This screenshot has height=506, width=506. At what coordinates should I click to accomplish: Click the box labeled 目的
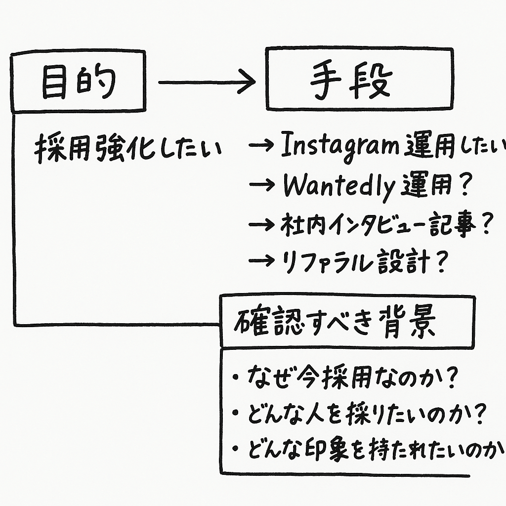coord(78,81)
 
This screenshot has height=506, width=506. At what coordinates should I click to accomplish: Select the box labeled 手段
coord(359,79)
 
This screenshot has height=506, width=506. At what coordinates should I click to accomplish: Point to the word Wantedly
coord(338,186)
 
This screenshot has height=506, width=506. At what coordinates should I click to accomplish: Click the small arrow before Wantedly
coord(263,186)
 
